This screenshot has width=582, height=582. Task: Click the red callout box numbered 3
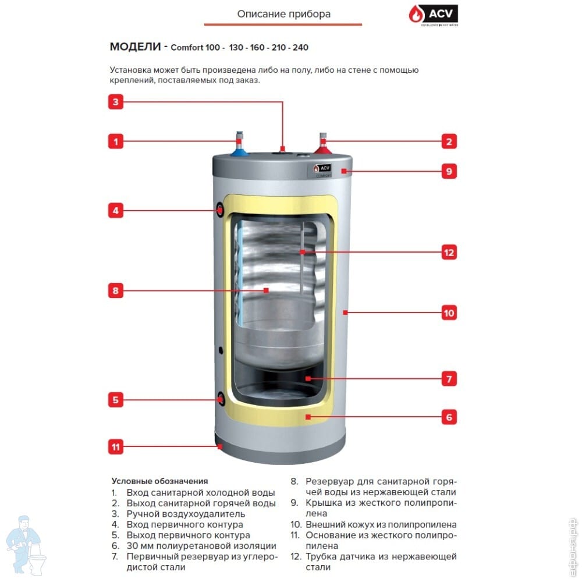pyautogui.click(x=116, y=102)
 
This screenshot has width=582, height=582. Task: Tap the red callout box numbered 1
pyautogui.click(x=116, y=141)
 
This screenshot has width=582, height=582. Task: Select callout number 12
pyautogui.click(x=448, y=253)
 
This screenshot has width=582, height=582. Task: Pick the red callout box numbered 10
pyautogui.click(x=448, y=313)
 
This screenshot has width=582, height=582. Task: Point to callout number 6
pyautogui.click(x=448, y=417)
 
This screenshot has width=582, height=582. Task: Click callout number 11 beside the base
pyautogui.click(x=116, y=447)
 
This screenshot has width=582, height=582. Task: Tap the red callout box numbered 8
pyautogui.click(x=116, y=290)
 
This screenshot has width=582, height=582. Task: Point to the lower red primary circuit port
pyautogui.click(x=221, y=399)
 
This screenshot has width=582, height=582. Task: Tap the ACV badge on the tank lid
pyautogui.click(x=320, y=168)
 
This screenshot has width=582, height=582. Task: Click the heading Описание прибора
pyautogui.click(x=283, y=14)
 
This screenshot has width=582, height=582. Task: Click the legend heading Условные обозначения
pyautogui.click(x=159, y=481)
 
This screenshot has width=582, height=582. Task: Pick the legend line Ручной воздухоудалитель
pyautogui.click(x=186, y=514)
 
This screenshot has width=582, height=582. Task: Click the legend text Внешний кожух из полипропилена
pyautogui.click(x=381, y=524)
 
